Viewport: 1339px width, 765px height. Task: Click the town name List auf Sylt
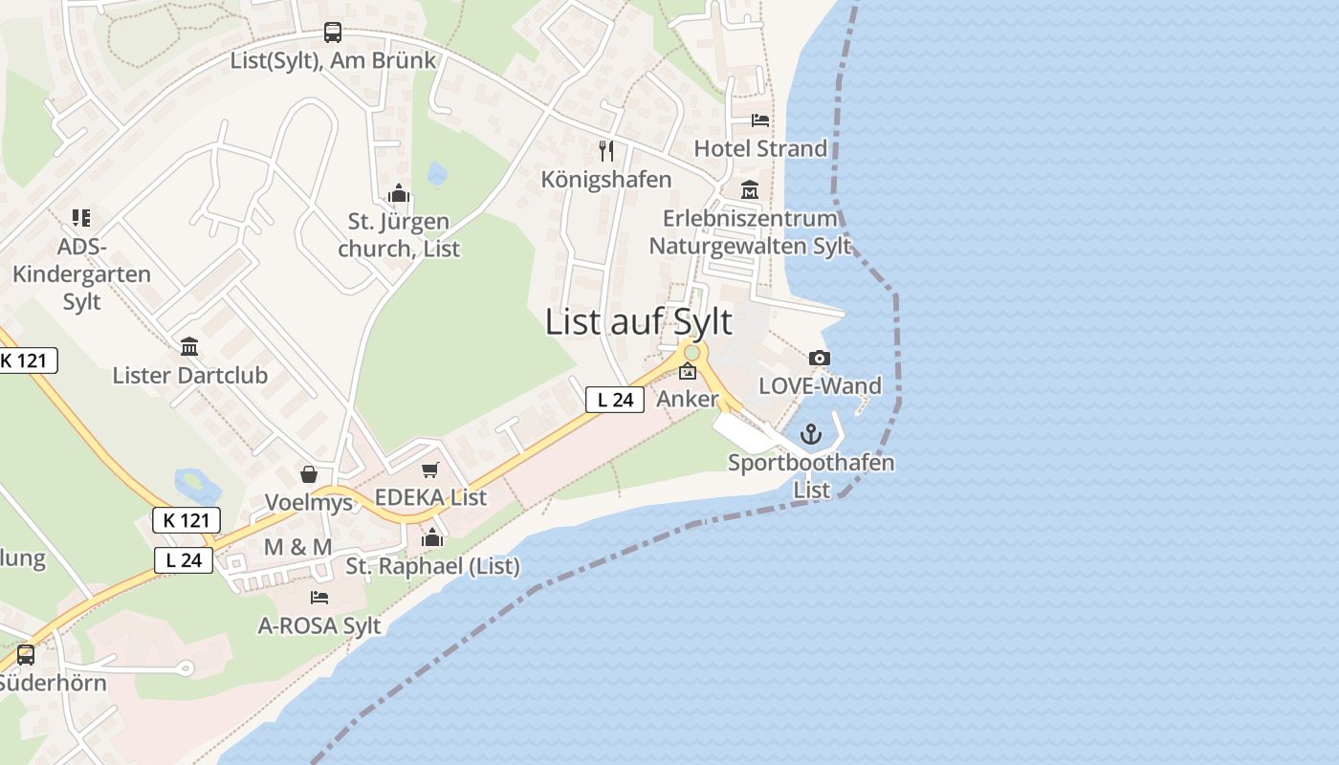point(638,322)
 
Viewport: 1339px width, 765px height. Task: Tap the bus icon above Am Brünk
point(332,33)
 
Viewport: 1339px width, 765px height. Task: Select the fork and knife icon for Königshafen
point(605,150)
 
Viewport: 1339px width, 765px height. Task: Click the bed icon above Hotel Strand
point(760,120)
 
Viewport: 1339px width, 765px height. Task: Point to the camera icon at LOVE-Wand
point(819,359)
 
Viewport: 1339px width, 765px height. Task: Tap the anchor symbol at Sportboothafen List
point(811,435)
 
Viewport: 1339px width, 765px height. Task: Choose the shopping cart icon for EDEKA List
point(430,470)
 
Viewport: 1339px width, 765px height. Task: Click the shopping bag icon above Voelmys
point(309,474)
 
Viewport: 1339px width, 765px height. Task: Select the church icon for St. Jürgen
point(399,194)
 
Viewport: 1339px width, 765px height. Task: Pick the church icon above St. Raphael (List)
point(432,537)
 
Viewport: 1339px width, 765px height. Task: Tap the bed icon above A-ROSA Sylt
point(319,598)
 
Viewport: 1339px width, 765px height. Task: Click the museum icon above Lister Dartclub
point(189,346)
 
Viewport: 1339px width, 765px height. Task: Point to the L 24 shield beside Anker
point(614,400)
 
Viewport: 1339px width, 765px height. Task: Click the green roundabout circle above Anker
point(691,353)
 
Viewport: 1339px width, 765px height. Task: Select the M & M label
point(297,547)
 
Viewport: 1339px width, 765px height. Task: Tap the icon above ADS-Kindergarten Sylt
point(81,219)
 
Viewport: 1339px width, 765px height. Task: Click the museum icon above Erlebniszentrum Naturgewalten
point(749,190)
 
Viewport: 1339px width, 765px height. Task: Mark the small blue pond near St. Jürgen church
point(437,174)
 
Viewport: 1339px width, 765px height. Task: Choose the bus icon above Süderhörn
point(26,655)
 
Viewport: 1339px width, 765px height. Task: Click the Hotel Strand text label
point(760,148)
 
